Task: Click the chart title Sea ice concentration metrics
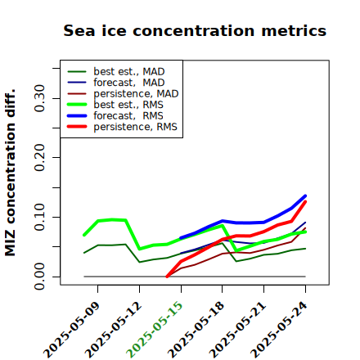pos(195,30)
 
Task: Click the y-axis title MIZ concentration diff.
pos(10,173)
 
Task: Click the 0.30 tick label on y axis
pos(39,98)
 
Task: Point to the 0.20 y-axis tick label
pos(39,157)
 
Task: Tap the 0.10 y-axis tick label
pos(39,217)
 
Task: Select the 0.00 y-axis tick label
pos(39,277)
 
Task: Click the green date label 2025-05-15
pos(155,330)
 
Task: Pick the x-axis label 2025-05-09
pos(71,330)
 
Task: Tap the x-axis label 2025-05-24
pos(279,330)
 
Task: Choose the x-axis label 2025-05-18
pos(196,330)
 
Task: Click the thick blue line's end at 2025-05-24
pos(305,196)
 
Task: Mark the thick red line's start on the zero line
pos(167,277)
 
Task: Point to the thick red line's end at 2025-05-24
pos(305,201)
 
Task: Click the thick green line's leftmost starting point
pos(84,235)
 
